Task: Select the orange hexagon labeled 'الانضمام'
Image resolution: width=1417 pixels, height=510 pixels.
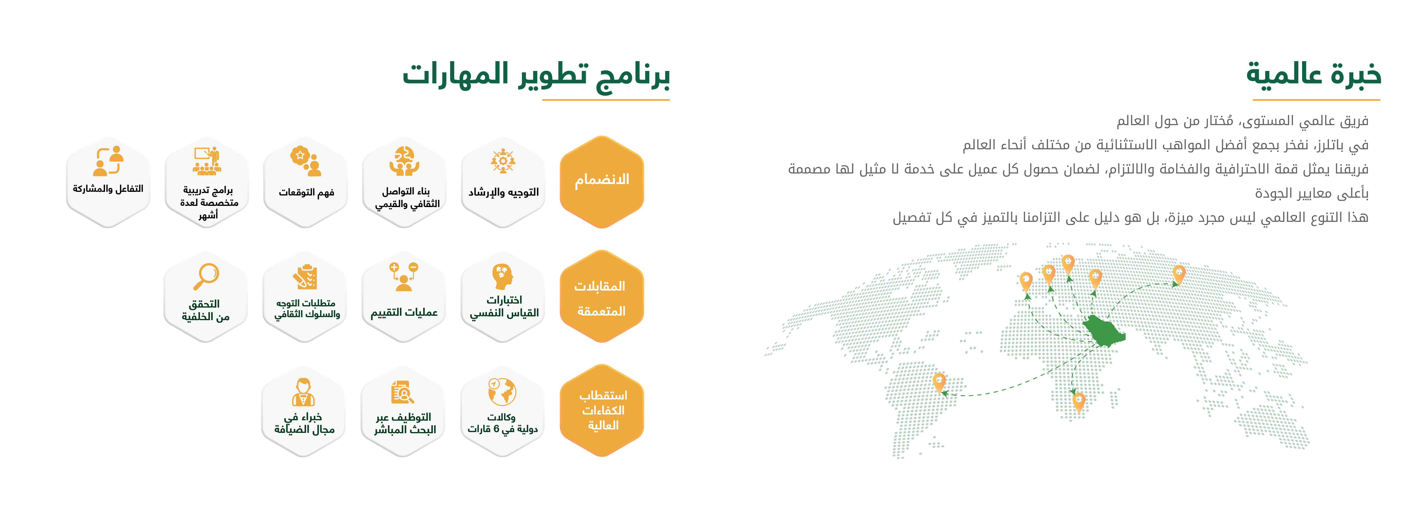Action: pos(602,182)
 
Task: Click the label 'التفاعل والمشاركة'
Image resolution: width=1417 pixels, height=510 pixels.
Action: pos(108,188)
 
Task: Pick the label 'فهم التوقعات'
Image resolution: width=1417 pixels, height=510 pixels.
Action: pos(306,192)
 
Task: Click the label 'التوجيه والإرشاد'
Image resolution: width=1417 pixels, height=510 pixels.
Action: pos(503,192)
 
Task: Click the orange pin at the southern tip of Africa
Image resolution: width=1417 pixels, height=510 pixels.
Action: pos(1079,402)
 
